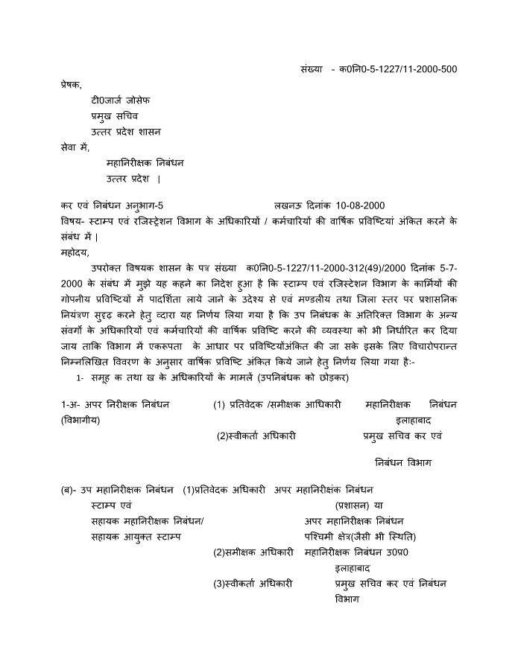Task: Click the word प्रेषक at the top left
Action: pyautogui.click(x=72, y=86)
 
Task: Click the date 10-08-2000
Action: pyautogui.click(x=360, y=205)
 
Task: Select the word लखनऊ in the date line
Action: pyautogui.click(x=287, y=205)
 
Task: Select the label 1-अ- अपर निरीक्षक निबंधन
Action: pyautogui.click(x=116, y=404)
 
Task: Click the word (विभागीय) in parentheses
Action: pyautogui.click(x=80, y=421)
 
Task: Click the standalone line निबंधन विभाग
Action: pyautogui.click(x=403, y=462)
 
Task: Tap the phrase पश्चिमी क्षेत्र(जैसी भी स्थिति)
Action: pyautogui.click(x=360, y=536)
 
